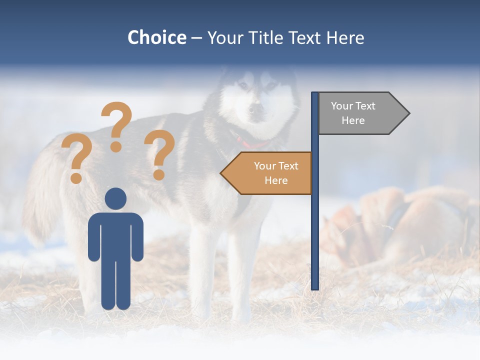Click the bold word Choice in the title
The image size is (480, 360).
(156, 37)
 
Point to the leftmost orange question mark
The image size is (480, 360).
(75, 159)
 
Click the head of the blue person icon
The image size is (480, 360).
(115, 198)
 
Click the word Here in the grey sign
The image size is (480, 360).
(353, 120)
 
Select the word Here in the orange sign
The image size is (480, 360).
(276, 180)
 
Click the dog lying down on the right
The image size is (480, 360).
(400, 225)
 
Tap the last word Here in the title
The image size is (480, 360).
(345, 37)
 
